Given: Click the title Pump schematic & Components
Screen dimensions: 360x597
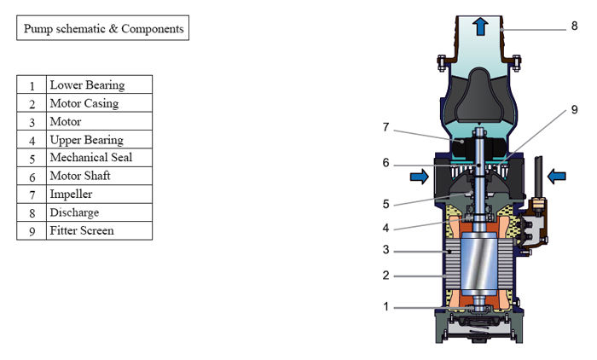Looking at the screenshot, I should [101, 28].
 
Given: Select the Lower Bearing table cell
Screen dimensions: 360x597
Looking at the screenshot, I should [99, 84].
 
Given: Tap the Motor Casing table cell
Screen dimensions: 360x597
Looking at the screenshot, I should [99, 103].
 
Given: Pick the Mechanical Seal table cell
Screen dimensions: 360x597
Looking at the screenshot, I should [99, 158].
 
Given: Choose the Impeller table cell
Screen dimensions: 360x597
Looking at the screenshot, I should [99, 194].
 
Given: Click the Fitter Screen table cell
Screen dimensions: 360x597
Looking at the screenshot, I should [99, 230].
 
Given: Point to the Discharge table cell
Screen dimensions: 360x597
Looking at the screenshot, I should [99, 212].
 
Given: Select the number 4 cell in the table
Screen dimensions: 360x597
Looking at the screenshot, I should [32, 140].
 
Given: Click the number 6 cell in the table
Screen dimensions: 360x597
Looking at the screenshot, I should [32, 177].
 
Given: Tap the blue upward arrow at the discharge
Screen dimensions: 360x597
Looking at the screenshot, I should [480, 26].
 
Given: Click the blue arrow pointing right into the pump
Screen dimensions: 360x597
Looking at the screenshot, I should [420, 177].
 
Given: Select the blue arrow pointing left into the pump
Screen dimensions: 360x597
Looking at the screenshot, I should [555, 177].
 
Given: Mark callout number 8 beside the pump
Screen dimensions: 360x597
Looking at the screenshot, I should [575, 26].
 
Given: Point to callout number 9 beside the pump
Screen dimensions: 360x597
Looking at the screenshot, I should [575, 110].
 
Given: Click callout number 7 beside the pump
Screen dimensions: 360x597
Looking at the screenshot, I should [385, 127].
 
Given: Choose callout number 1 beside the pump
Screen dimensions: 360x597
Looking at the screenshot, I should [385, 306].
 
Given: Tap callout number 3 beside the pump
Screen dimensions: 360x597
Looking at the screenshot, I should [385, 250].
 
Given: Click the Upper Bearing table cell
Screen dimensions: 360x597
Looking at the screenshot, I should [99, 140].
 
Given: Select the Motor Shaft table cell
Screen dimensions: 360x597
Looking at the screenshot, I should [99, 177].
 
